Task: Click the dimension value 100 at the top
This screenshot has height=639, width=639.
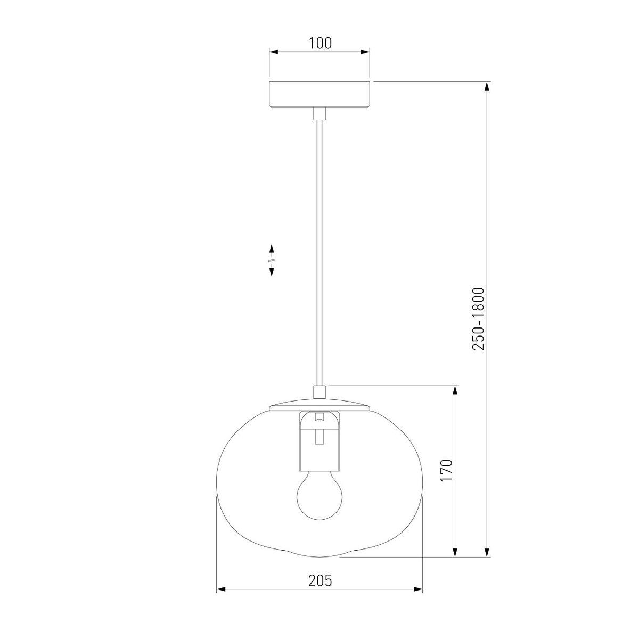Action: (320, 44)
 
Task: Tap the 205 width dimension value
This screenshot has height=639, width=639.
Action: (320, 590)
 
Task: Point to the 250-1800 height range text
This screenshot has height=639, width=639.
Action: (478, 319)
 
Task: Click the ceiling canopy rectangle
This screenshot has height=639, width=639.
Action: (319, 94)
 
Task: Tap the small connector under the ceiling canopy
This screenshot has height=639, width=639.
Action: (319, 113)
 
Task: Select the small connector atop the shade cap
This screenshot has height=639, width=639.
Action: (319, 392)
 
